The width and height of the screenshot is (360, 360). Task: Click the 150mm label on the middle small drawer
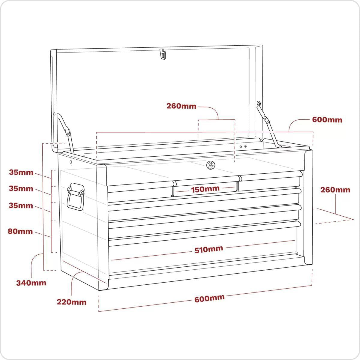click(205, 189)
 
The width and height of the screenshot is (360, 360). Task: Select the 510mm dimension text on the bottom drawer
click(209, 249)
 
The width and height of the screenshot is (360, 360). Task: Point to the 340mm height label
click(31, 283)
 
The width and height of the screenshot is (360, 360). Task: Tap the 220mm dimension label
click(72, 302)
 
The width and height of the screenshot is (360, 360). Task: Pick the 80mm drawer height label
click(21, 231)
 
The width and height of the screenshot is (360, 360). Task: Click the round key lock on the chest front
click(211, 164)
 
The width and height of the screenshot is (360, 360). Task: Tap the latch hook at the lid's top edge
click(162, 54)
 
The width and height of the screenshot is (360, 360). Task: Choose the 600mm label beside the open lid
click(327, 120)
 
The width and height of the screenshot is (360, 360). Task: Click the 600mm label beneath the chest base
click(209, 298)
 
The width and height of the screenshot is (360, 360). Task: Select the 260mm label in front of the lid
click(181, 106)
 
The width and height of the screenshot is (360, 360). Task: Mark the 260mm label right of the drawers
click(335, 190)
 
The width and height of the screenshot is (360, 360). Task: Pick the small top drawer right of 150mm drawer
click(268, 184)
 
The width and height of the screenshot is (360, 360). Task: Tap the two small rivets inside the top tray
click(243, 146)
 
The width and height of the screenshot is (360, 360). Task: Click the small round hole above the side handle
click(71, 162)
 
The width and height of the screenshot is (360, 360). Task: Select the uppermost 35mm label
click(21, 172)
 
